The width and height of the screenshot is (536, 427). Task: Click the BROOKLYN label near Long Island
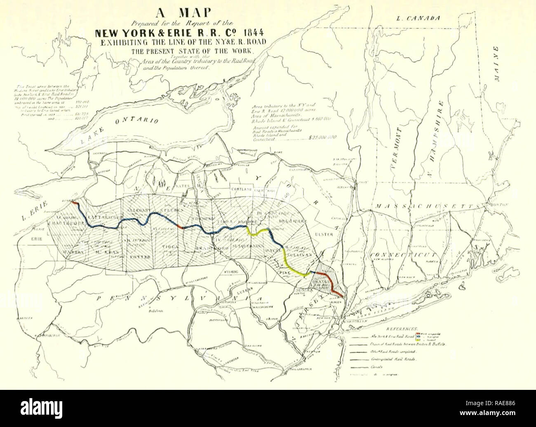click(x=352, y=323)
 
